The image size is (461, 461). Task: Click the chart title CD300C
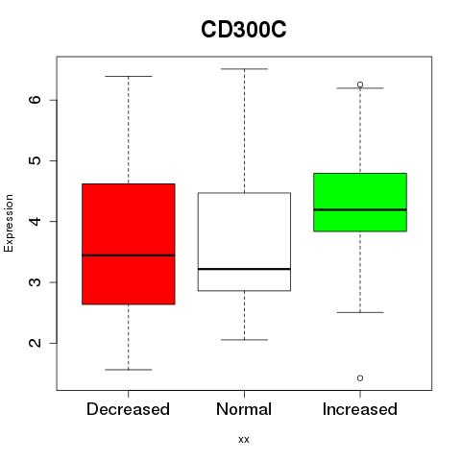[x=244, y=30]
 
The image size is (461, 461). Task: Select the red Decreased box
[x=129, y=244]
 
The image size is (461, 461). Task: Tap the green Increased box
[x=360, y=202]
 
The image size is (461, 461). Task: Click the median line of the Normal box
[x=244, y=269]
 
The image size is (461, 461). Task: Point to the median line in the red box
[x=129, y=255]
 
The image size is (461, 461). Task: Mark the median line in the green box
[x=360, y=209]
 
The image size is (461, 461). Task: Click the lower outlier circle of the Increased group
[x=360, y=378]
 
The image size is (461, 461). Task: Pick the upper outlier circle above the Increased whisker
[x=360, y=85]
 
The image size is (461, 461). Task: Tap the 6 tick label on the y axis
[x=36, y=100]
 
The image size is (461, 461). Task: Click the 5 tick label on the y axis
[x=36, y=160]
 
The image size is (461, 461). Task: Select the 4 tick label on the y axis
[x=36, y=221]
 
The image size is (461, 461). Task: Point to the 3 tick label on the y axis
[x=36, y=282]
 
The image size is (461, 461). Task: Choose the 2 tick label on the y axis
[x=36, y=343]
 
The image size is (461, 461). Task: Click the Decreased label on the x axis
[x=128, y=409]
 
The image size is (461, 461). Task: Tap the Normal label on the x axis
[x=244, y=409]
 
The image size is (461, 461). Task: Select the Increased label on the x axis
[x=360, y=409]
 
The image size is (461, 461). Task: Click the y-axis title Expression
[x=9, y=223]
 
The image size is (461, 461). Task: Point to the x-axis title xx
[x=244, y=440]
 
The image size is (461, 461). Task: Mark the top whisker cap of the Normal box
[x=244, y=69]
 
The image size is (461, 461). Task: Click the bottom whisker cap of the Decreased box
[x=129, y=370]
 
